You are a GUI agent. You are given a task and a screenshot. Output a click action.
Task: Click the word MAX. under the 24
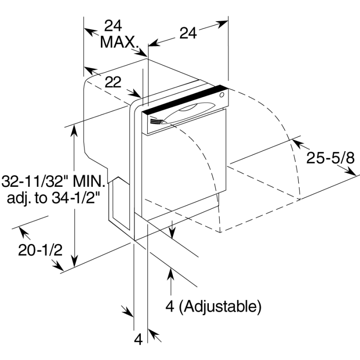click(x=120, y=42)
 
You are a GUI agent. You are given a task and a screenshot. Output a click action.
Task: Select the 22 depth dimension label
click(x=113, y=82)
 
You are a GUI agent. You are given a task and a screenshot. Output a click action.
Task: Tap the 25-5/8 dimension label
click(x=330, y=158)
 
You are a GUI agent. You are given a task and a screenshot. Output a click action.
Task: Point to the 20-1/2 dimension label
click(x=40, y=250)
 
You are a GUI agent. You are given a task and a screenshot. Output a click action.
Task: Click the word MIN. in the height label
click(x=88, y=181)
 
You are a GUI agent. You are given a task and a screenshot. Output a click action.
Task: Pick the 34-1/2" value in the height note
click(x=76, y=198)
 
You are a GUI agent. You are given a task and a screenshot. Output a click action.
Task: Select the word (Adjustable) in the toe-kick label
click(x=220, y=306)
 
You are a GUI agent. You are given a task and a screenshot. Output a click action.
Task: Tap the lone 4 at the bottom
click(x=138, y=339)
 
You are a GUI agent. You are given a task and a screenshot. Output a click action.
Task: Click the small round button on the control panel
click(x=222, y=95)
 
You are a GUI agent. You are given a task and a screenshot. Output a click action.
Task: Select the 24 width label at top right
click(x=188, y=33)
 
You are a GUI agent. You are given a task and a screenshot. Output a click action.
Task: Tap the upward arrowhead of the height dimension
click(x=74, y=130)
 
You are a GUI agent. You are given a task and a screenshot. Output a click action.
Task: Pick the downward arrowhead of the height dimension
click(x=74, y=261)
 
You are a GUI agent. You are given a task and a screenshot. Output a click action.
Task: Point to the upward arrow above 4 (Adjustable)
click(x=171, y=282)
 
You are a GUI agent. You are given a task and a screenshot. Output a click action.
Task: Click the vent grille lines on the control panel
click(x=156, y=121)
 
